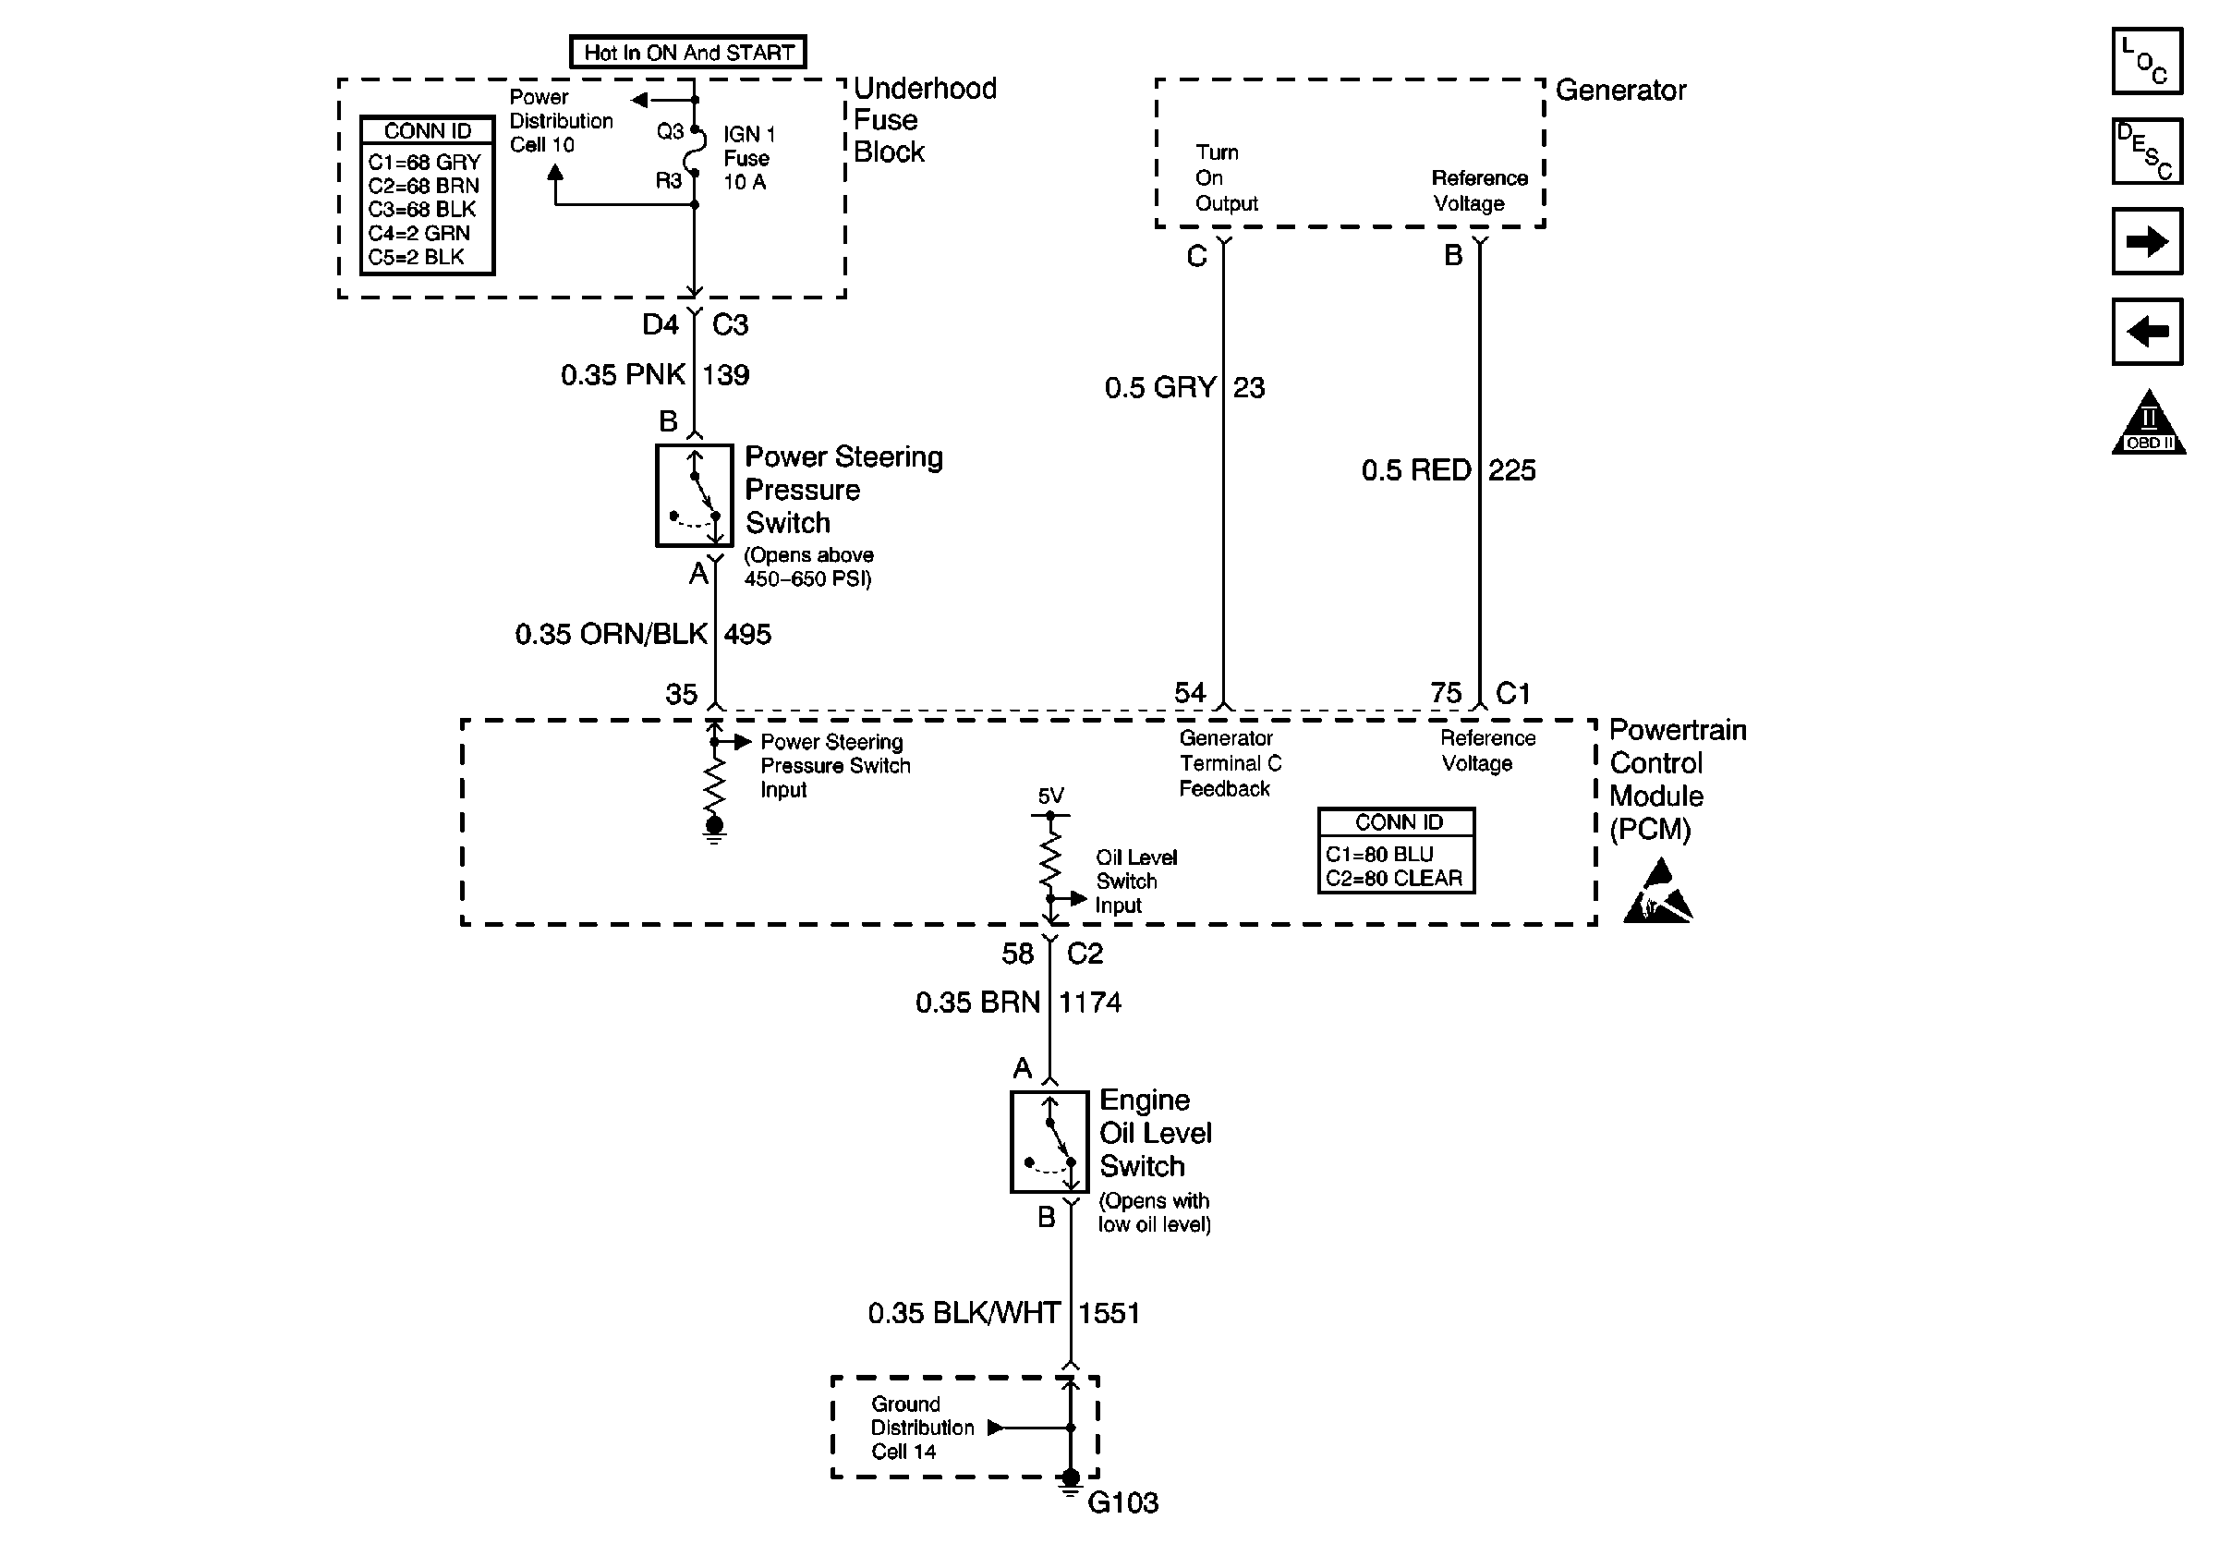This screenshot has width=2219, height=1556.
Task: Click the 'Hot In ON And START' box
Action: tap(688, 52)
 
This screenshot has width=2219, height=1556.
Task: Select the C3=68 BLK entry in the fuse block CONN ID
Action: tap(422, 210)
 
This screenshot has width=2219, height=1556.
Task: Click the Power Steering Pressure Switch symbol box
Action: tap(694, 496)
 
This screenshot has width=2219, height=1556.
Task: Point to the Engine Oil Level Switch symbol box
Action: tap(1049, 1141)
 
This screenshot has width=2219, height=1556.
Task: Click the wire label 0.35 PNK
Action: tap(624, 375)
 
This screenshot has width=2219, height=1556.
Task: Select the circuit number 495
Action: tap(747, 635)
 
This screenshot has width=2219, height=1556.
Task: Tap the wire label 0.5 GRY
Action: tap(1159, 388)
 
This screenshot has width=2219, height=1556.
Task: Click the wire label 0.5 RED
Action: tap(1416, 470)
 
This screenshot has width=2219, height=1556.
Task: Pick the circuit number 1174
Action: tap(1090, 1003)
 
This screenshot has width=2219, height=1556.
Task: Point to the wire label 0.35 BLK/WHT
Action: tap(964, 1313)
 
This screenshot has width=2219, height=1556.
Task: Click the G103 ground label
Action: tap(1122, 1502)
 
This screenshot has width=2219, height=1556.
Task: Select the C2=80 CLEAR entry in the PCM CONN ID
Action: tap(1394, 879)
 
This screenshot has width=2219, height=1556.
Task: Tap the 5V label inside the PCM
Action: tap(1050, 796)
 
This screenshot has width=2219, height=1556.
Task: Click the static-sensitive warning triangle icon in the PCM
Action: tap(1658, 895)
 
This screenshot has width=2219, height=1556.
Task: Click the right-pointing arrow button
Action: tap(2147, 241)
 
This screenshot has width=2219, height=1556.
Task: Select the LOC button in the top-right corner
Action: tap(2147, 62)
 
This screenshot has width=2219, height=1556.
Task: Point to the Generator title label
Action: tap(1620, 91)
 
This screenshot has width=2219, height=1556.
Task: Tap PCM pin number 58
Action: tap(1017, 954)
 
